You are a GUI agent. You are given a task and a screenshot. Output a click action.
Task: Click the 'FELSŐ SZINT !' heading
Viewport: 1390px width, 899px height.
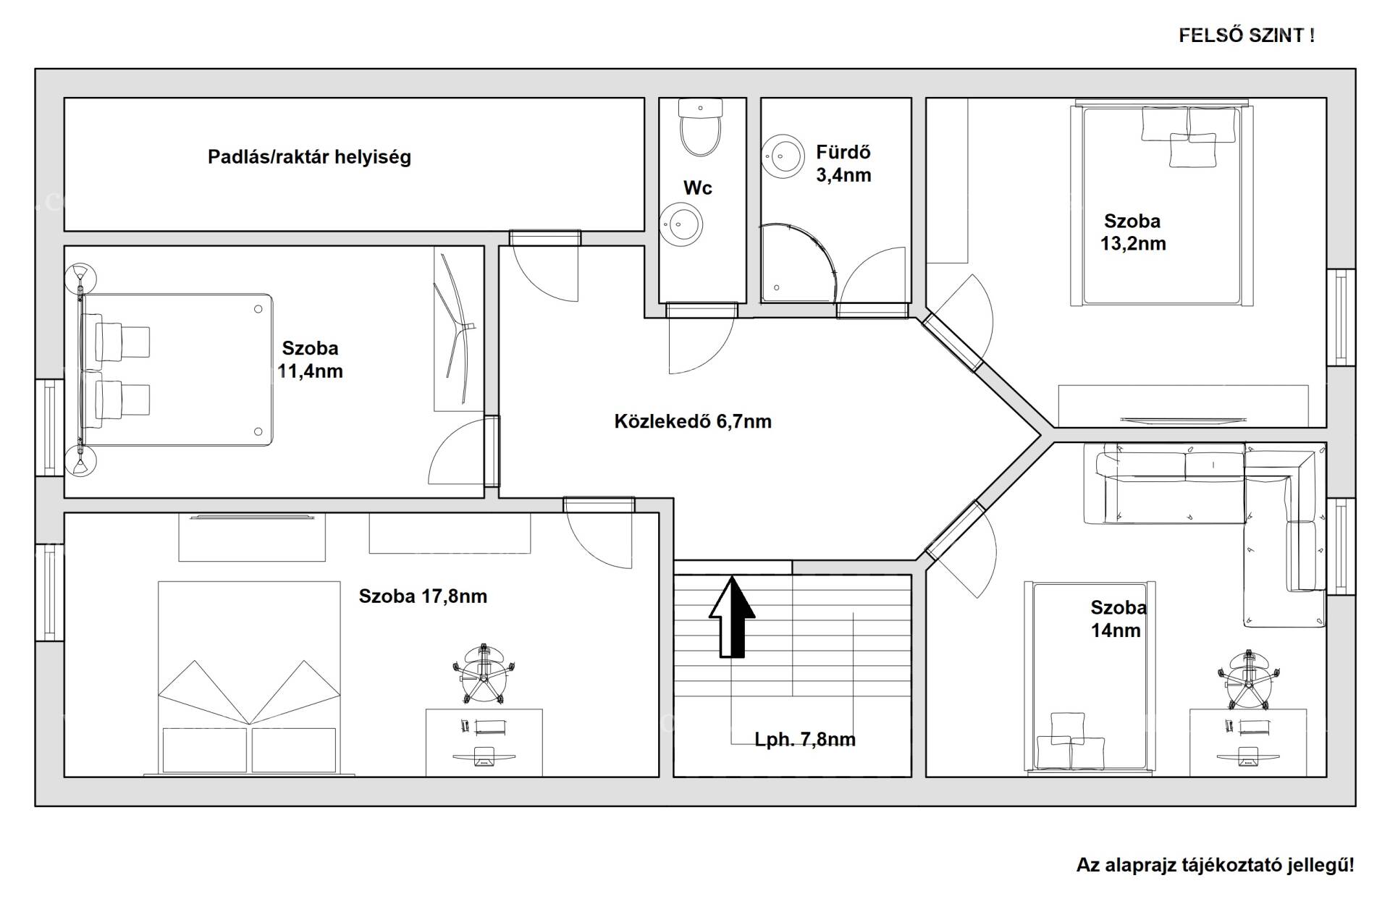1247,35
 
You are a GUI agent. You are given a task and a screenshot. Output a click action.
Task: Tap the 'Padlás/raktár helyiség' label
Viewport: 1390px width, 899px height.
309,157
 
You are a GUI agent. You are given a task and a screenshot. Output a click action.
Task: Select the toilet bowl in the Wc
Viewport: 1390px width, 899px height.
701,128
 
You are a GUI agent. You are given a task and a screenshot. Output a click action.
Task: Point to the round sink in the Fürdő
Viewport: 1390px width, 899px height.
783,155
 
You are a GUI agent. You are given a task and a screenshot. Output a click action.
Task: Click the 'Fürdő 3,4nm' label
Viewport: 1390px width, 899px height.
843,164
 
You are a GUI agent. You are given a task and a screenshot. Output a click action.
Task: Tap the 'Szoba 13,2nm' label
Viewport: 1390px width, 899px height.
1133,232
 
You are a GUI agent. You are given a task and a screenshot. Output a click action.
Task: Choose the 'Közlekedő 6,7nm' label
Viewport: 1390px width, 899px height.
693,421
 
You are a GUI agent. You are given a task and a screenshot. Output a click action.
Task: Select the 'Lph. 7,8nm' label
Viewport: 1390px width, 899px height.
805,740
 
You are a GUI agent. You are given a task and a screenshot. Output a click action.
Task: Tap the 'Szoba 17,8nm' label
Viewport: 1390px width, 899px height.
423,596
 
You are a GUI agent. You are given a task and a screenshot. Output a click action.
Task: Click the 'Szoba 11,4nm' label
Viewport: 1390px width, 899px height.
310,360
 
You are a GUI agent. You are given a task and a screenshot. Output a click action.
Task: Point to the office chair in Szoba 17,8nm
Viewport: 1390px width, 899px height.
484,672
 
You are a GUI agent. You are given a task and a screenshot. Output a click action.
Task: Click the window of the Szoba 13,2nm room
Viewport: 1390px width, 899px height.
1341,317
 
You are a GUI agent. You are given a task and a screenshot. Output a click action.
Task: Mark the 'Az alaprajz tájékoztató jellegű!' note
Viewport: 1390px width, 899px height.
1215,865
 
